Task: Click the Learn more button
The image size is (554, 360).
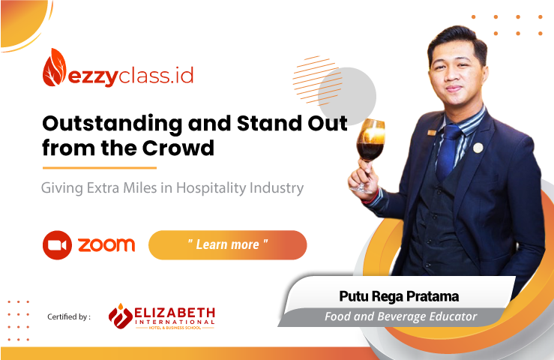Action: pyautogui.click(x=228, y=245)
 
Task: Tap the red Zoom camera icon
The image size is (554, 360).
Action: pyautogui.click(x=57, y=245)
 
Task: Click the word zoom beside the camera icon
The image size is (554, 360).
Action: pyautogui.click(x=106, y=245)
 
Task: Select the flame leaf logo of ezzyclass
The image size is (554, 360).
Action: pyautogui.click(x=54, y=67)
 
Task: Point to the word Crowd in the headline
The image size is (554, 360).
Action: pyautogui.click(x=178, y=148)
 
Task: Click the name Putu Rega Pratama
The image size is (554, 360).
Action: pyautogui.click(x=399, y=296)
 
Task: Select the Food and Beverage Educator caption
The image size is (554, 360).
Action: pyautogui.click(x=400, y=316)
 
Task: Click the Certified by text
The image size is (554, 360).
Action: pyautogui.click(x=69, y=316)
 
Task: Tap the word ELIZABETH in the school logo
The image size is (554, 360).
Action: pyautogui.click(x=175, y=313)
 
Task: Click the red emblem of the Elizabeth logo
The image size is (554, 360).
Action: pyautogui.click(x=121, y=316)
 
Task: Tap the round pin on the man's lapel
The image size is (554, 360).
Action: pyautogui.click(x=478, y=148)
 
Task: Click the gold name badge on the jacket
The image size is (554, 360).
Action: pyautogui.click(x=432, y=133)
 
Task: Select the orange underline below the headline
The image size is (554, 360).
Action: pyautogui.click(x=99, y=168)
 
